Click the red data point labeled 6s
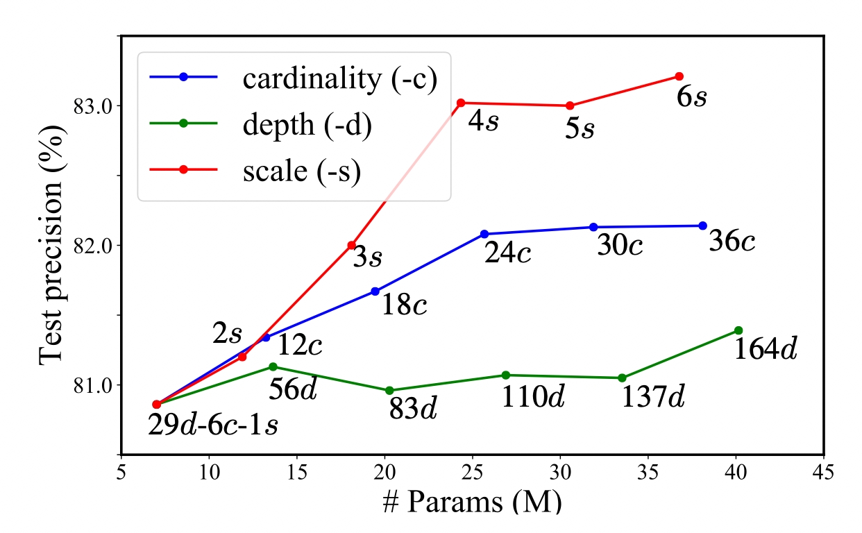click(679, 76)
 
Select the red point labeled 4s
click(461, 103)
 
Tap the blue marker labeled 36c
click(702, 226)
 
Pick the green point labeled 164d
click(738, 330)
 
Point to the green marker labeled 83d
click(389, 391)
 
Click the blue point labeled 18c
click(375, 291)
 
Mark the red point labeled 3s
click(352, 245)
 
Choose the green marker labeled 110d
click(505, 375)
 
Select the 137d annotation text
click(652, 398)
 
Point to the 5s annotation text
click(580, 128)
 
